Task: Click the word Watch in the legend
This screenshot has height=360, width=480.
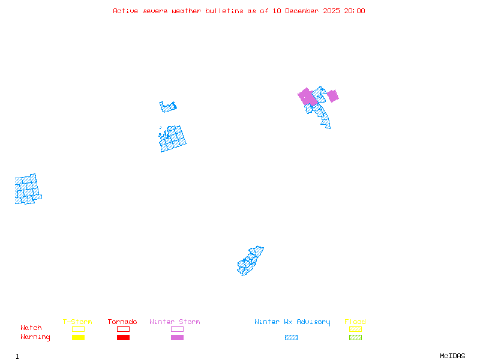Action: [31, 328]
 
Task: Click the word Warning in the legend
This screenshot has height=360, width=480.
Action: [35, 337]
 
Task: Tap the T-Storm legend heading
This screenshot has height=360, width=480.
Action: [77, 322]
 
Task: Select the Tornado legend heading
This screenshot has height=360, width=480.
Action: [122, 322]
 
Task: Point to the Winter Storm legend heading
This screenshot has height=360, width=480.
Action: [175, 322]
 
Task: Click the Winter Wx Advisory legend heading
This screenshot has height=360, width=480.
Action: [292, 322]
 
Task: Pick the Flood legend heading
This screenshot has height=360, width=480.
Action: [355, 322]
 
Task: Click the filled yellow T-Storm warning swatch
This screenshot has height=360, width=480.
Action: [78, 338]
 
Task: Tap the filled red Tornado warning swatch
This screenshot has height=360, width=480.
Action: [123, 338]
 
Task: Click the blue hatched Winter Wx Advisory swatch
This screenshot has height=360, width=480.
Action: [291, 338]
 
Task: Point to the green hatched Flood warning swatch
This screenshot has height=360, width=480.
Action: [355, 338]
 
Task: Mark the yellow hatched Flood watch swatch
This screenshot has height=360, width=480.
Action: [355, 329]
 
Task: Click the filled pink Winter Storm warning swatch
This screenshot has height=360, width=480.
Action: [177, 338]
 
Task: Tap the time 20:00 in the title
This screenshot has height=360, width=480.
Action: [354, 11]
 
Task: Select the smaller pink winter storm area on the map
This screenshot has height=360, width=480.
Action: [332, 96]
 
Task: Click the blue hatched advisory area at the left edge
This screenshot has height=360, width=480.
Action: [27, 189]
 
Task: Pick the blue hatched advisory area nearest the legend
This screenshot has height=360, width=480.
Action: [250, 260]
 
